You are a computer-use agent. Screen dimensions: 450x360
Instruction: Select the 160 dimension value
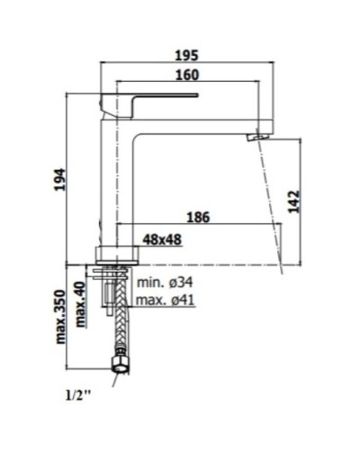tap(186, 75)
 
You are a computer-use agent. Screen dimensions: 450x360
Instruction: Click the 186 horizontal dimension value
tap(199, 217)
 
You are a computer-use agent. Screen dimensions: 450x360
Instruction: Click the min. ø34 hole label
tap(166, 283)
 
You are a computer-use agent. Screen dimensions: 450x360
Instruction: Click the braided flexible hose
tap(115, 328)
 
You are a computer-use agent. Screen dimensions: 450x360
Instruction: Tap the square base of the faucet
tap(115, 253)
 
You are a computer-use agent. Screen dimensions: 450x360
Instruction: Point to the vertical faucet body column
tap(115, 180)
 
